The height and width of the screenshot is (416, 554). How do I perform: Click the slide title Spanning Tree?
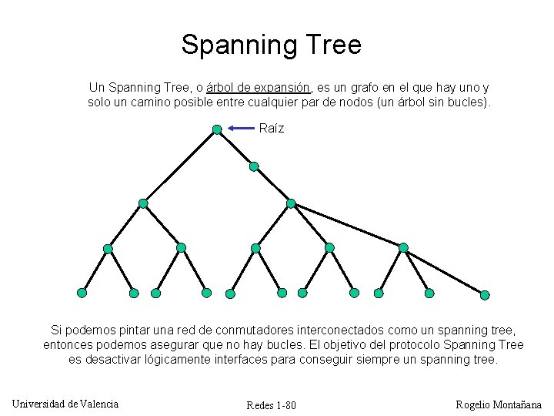tap(271, 45)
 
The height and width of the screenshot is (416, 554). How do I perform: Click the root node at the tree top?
tap(217, 129)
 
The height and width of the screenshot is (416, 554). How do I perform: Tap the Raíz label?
tap(272, 129)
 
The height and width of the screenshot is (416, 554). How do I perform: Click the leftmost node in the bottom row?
tap(82, 293)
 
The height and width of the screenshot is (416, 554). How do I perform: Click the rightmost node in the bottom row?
tap(485, 294)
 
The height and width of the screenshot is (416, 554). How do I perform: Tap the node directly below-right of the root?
tap(254, 166)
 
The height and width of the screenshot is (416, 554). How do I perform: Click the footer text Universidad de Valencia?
tap(65, 404)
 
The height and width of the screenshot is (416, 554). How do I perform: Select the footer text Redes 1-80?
tap(271, 406)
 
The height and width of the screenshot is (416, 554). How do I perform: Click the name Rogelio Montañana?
tap(499, 404)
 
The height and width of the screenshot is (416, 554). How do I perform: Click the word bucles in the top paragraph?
tap(466, 102)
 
